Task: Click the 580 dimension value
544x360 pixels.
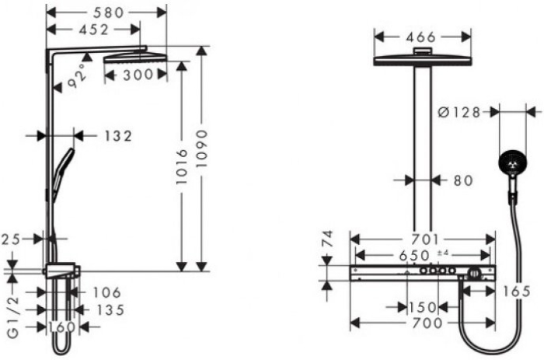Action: [x=106, y=12]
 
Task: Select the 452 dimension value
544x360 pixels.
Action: [x=93, y=30]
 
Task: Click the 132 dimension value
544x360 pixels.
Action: [x=117, y=135]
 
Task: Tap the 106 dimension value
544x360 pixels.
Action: [x=106, y=292]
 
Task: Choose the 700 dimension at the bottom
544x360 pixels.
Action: [x=424, y=322]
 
